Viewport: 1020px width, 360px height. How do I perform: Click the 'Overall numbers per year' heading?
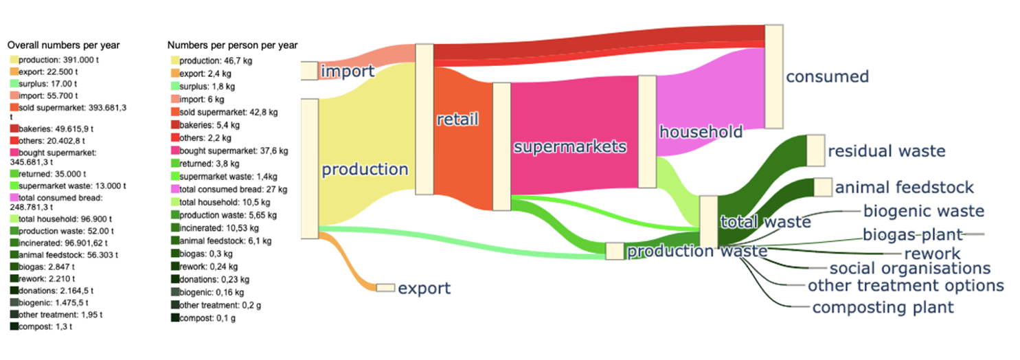63,45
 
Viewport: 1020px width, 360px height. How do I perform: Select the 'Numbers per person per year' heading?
232,45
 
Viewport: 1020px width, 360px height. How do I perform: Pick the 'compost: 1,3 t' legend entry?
45,326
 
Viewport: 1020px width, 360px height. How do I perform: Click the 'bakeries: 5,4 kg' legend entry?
210,125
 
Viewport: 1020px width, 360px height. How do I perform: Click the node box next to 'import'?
309,71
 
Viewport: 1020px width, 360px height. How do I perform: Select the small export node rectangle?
385,288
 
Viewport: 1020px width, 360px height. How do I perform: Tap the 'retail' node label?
457,119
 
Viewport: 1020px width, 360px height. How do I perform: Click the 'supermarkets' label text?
570,146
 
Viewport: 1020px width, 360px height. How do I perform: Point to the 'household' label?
701,131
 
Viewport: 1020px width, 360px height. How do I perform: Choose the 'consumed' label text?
827,76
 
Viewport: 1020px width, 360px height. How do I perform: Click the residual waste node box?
815,150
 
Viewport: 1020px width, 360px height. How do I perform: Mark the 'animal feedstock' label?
905,187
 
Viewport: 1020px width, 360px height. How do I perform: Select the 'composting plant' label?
883,307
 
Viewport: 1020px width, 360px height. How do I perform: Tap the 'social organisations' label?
909,268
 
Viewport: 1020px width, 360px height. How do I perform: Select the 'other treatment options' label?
905,285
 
